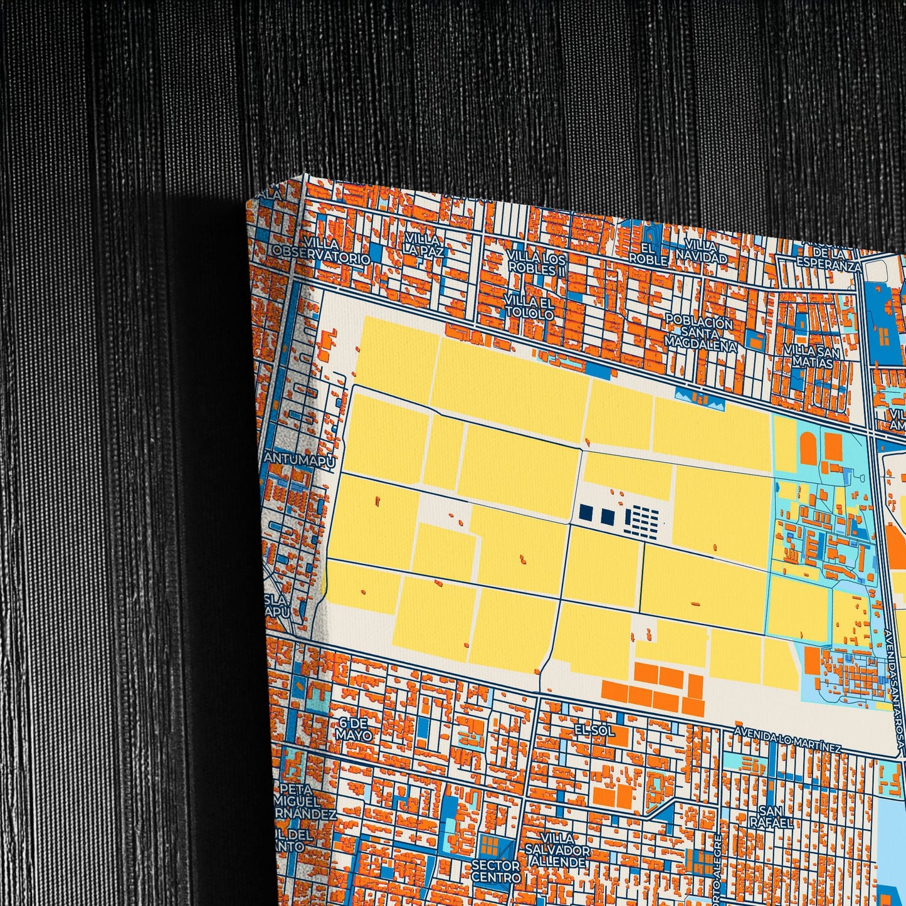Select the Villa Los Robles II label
[x=536, y=263]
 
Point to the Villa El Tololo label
[x=529, y=308]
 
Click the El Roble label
[x=648, y=253]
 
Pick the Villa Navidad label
[x=700, y=251]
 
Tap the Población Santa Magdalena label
[x=700, y=334]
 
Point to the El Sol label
[x=594, y=731]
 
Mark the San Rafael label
[x=767, y=817]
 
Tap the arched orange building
[x=808, y=447]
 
